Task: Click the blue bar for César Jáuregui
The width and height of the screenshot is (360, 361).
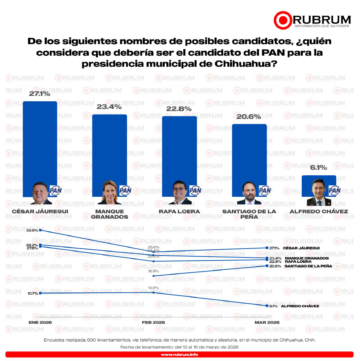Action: coord(40,142)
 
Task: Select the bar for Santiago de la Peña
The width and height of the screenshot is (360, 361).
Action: coord(249,153)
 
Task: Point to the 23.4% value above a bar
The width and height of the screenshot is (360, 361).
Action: coord(109,107)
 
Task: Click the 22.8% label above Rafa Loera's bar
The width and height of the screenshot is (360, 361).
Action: coord(179,109)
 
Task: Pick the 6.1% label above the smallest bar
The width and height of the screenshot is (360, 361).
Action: coord(319,168)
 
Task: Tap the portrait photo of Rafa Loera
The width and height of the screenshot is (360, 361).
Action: coord(180,193)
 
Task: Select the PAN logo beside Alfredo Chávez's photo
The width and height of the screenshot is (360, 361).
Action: coord(335,190)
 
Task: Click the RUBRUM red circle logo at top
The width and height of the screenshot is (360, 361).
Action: coord(283,21)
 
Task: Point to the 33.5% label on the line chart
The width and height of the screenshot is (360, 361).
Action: coord(32,231)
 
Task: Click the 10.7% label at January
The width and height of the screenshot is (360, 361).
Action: coord(33,293)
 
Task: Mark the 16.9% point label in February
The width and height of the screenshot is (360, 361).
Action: coord(153,271)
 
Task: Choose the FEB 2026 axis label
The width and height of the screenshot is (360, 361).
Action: coord(153,323)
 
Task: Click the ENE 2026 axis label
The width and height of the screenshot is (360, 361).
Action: coord(40,323)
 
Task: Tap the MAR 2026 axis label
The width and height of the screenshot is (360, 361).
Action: coord(267,323)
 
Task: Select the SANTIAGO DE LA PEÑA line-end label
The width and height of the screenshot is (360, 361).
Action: coord(308,266)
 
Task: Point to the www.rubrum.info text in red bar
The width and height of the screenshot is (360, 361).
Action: coord(179,355)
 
